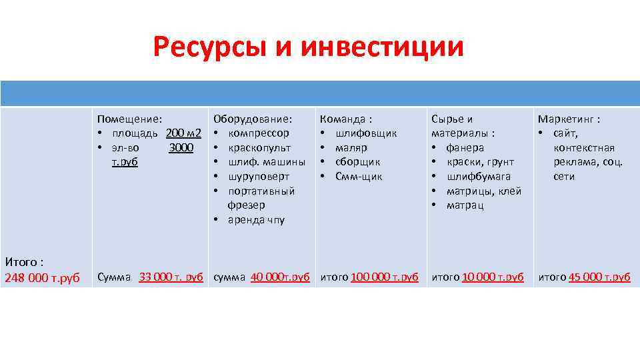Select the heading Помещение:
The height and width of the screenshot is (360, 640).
point(129,119)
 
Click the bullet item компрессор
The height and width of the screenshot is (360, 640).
point(259,133)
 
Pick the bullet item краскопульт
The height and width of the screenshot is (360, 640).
point(259,148)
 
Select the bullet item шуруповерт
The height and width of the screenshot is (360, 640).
point(259,177)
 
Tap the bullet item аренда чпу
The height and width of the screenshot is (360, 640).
point(256,220)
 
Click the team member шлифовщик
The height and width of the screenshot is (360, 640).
point(366,133)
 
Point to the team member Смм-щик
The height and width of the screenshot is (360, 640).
point(359,177)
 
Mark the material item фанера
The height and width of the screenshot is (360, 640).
point(465,148)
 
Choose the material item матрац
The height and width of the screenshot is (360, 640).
point(465,205)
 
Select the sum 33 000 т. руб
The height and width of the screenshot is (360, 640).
point(171,277)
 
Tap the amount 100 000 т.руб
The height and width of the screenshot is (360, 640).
point(384,277)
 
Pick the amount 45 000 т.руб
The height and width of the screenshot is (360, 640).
point(599,277)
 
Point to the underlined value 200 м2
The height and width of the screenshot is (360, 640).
point(183,133)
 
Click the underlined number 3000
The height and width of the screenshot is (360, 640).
point(181,148)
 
